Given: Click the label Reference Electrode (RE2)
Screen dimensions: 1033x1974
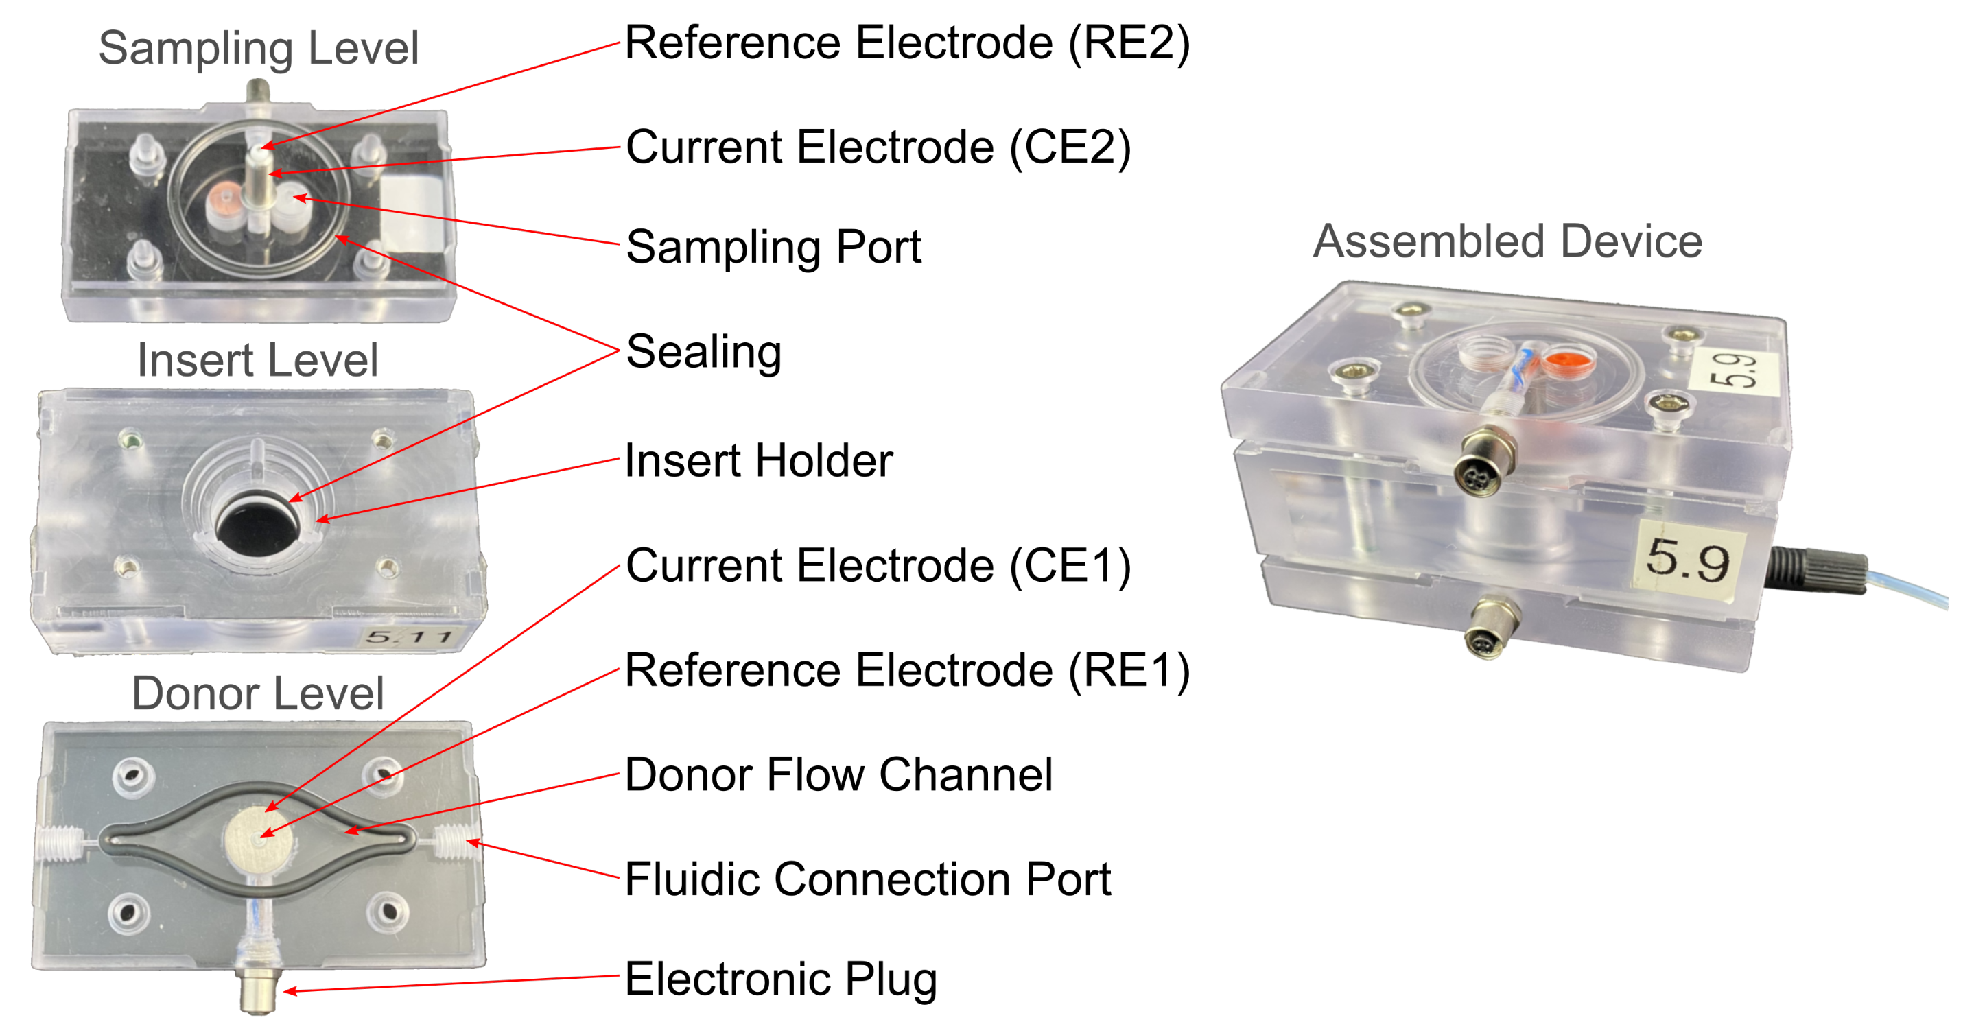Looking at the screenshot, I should pyautogui.click(x=906, y=43).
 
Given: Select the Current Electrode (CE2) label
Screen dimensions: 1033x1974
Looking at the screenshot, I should pyautogui.click(x=878, y=147).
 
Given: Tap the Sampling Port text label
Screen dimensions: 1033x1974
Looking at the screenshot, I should pyautogui.click(x=773, y=248).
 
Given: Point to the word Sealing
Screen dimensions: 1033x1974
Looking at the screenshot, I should pyautogui.click(x=703, y=352).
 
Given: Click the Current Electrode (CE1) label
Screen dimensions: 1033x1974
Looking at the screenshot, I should pyautogui.click(x=878, y=566).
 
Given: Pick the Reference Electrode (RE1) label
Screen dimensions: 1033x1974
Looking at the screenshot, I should pyautogui.click(x=906, y=671).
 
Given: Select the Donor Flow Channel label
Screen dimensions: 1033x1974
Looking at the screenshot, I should pyautogui.click(x=838, y=775).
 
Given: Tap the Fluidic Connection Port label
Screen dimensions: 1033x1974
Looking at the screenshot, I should pyautogui.click(x=867, y=879).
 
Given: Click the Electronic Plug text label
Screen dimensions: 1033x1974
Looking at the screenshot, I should pyautogui.click(x=780, y=979).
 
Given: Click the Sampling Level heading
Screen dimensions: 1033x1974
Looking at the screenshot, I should pyautogui.click(x=258, y=48).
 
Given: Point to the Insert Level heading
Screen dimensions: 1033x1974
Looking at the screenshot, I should pyautogui.click(x=257, y=360).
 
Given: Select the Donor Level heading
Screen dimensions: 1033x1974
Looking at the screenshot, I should pyautogui.click(x=257, y=693).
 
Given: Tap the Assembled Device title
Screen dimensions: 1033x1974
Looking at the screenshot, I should pyautogui.click(x=1507, y=241).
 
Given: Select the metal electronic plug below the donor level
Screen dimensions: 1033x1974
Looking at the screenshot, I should pyautogui.click(x=257, y=991).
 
